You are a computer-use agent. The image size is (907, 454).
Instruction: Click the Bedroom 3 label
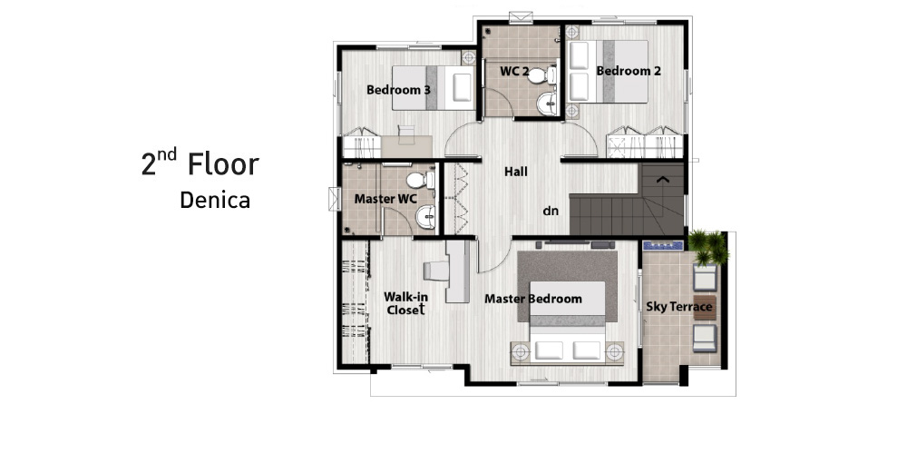tap(398, 90)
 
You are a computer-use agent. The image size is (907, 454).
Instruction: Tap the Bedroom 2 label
tap(629, 71)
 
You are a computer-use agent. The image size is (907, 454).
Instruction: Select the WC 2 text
tap(514, 71)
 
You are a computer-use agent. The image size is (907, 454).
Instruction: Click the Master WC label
tap(385, 199)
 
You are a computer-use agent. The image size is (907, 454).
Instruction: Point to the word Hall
tap(515, 172)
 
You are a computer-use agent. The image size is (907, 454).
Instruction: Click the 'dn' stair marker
tap(551, 211)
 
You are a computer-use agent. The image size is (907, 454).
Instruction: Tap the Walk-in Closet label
tap(406, 303)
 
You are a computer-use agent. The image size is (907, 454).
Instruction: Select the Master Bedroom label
tap(532, 299)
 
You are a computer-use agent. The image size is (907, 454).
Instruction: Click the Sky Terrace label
tap(679, 306)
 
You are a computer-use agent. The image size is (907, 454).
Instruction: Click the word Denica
tap(215, 201)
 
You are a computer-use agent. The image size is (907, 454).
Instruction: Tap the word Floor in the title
tap(223, 164)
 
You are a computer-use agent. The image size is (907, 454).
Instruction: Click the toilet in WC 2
tap(542, 75)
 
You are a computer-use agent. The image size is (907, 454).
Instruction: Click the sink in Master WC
tap(427, 217)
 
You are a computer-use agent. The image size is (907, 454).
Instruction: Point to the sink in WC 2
tap(547, 104)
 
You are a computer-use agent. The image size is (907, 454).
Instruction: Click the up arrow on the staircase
tap(663, 180)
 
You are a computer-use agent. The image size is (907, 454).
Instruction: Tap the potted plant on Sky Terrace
tap(709, 247)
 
